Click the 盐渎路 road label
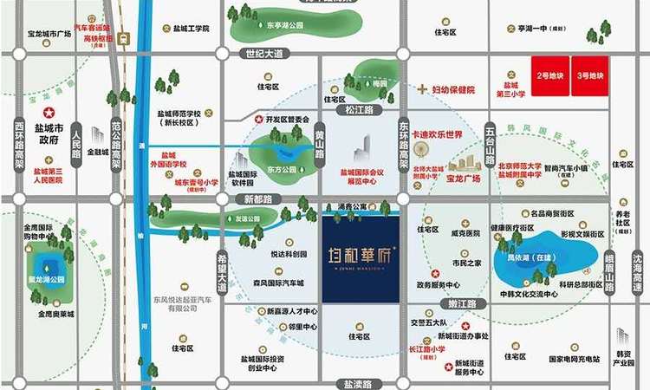[x=356, y=383]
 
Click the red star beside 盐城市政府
[x=49, y=113]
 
